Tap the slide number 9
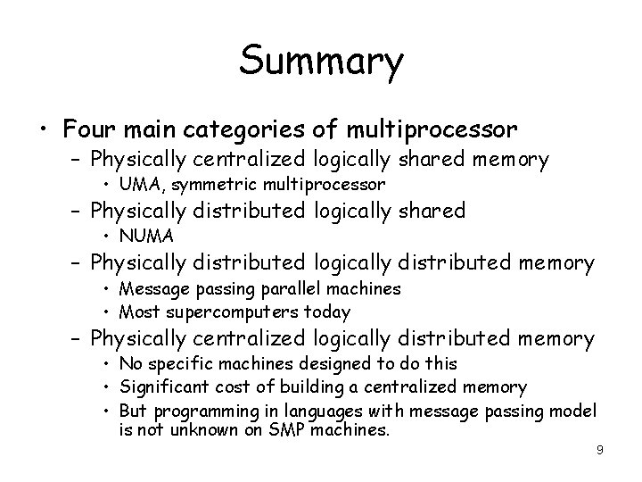coord(600,450)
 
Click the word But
coord(135,411)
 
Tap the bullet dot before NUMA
coord(106,237)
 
